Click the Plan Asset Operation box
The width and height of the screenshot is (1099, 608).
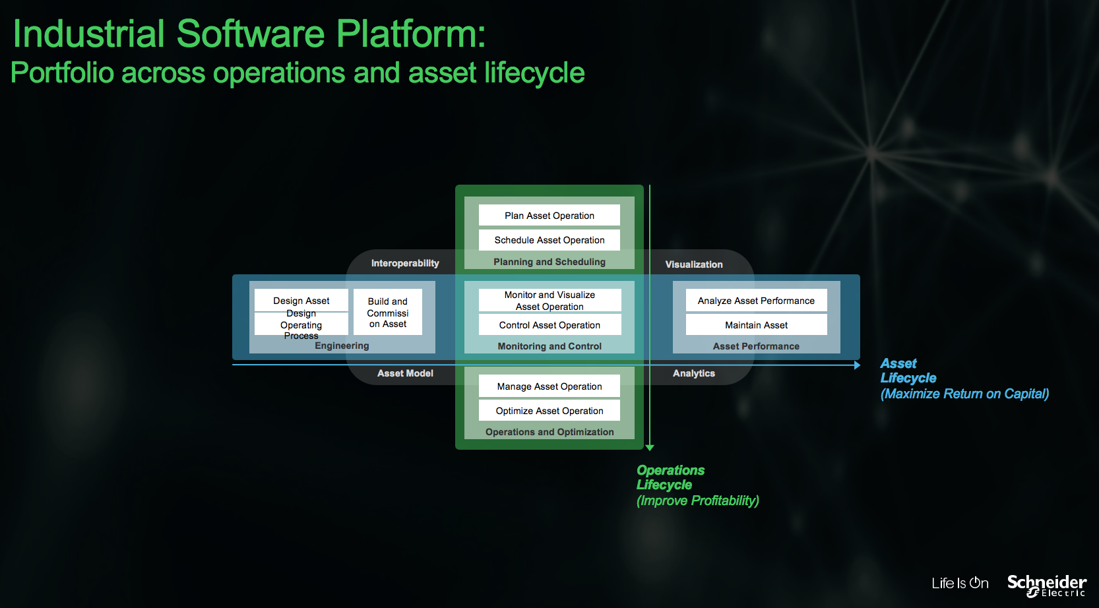click(x=549, y=215)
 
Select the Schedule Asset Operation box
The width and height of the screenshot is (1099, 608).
click(x=549, y=240)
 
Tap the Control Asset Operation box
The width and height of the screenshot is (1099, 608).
click(x=549, y=324)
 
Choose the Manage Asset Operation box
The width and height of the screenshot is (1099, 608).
click(x=549, y=386)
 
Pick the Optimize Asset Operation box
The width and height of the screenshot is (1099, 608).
click(x=549, y=410)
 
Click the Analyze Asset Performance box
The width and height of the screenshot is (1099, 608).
click(x=756, y=300)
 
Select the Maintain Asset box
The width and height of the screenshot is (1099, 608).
click(x=756, y=324)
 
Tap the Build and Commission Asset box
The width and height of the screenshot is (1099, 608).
click(x=388, y=313)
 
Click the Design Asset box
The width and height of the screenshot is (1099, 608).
click(x=301, y=300)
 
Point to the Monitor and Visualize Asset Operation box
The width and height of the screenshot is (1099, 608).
click(x=549, y=300)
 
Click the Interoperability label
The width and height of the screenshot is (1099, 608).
click(x=405, y=263)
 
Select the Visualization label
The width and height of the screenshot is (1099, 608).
click(x=694, y=264)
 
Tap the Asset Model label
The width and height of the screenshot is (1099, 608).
click(x=405, y=373)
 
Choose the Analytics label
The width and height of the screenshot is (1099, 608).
click(x=694, y=373)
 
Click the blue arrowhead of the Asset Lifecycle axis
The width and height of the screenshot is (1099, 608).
click(x=857, y=365)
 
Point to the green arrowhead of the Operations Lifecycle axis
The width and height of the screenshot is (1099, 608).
click(x=650, y=448)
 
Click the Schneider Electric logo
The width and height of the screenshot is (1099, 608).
click(x=1046, y=586)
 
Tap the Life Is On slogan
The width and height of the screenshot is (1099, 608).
click(x=960, y=583)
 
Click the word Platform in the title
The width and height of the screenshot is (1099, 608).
click(x=410, y=34)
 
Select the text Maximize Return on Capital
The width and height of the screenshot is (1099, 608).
click(x=964, y=394)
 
